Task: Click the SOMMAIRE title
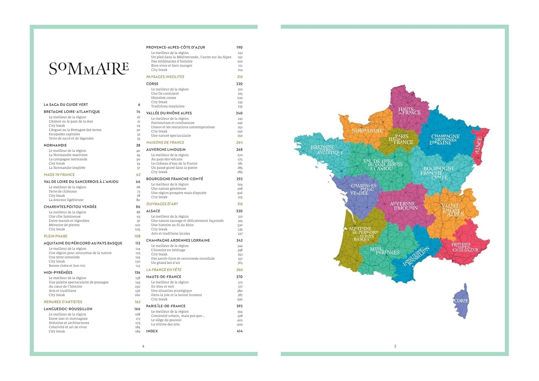pos(89,68)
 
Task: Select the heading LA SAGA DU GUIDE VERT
pos(66,104)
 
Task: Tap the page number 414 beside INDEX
pos(239,331)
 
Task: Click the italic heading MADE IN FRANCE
pos(59,175)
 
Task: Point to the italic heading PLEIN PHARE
pos(56,236)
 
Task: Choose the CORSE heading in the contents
pos(152,84)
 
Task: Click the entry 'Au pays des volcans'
pos(167,159)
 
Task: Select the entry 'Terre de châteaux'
pos(63,191)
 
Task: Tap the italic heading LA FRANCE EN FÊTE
pos(164,270)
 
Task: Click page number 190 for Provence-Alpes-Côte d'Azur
pos(239,47)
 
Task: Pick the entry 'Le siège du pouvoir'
pos(166,320)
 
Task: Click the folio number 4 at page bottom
pos(143,346)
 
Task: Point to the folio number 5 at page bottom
pos(395,346)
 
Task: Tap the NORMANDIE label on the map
pos(367,131)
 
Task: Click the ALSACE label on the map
pos(479,145)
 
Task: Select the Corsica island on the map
pos(461,301)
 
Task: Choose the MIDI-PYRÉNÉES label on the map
pos(384,251)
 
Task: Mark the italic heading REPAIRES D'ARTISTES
pos(63,302)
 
